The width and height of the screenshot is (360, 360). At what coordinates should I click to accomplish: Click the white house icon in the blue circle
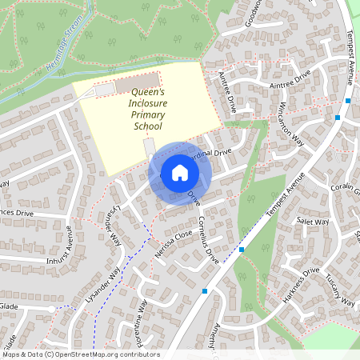pyautogui.click(x=180, y=173)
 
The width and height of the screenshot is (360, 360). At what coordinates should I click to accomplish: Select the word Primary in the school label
pyautogui.click(x=147, y=114)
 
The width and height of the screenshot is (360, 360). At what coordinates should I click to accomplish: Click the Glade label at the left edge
pyautogui.click(x=8, y=306)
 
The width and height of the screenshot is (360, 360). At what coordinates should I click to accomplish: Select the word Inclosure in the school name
pyautogui.click(x=147, y=102)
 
